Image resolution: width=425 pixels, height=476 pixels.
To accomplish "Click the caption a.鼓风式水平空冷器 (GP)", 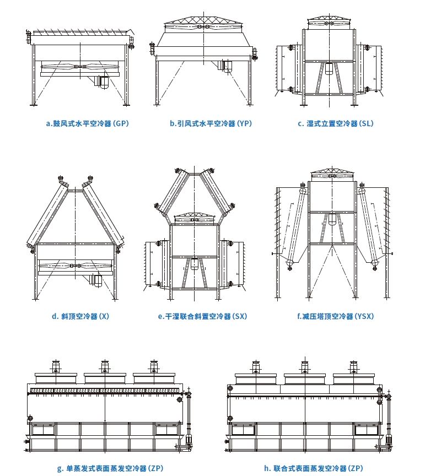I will point(87,123).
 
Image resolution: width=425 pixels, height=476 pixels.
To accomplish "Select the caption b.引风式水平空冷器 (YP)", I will point(210,123).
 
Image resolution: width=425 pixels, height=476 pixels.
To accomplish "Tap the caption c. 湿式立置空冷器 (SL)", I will point(335,123).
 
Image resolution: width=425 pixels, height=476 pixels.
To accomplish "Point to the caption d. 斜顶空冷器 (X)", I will point(80,316).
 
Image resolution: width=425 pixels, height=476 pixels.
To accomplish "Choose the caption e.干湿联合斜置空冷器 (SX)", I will point(202,316).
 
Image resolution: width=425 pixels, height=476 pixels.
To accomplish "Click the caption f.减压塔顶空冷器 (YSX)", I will point(335,316).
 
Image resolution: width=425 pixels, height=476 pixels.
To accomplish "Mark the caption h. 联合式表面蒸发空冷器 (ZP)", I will point(313,468).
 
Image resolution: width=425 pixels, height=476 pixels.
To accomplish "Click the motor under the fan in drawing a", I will point(102,81).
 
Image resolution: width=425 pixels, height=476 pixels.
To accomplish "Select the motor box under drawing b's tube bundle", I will point(227,66).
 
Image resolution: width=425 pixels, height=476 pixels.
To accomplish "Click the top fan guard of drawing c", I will point(329,21).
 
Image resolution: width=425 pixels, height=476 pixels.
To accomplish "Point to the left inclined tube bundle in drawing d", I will point(47,212).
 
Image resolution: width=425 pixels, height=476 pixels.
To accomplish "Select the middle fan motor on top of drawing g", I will point(104,366).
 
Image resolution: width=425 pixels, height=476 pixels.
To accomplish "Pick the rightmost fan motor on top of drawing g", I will point(153,366).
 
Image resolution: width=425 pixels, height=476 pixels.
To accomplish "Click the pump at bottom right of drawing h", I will point(388,439).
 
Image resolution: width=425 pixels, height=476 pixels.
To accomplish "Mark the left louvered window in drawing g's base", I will point(43,429).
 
